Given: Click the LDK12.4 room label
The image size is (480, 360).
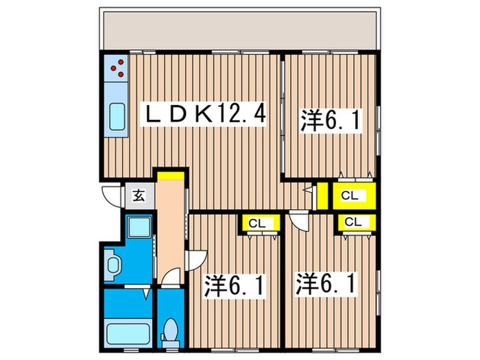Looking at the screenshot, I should pos(202,113).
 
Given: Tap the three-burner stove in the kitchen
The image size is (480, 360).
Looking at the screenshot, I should pos(116,68).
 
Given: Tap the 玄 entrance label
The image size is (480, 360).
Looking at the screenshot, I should pos(138,196).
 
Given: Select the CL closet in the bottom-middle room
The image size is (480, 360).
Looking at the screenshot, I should pos(257,223).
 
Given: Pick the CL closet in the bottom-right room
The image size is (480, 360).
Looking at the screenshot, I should pos(354,221).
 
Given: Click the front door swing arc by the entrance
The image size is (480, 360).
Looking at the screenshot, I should pos(110,196).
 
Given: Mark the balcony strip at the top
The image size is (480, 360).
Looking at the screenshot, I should pos(240,32).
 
